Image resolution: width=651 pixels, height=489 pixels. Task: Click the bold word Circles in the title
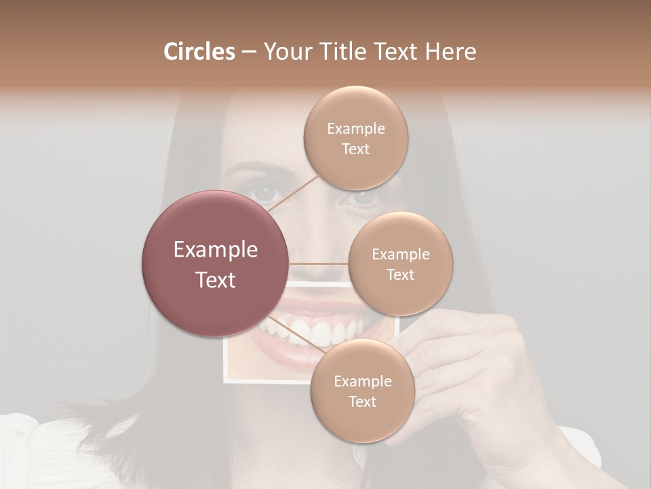click(199, 52)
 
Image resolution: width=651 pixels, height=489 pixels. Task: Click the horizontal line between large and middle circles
click(319, 263)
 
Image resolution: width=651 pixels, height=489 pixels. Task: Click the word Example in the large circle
click(215, 250)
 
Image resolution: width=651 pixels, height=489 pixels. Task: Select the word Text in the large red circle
click(215, 280)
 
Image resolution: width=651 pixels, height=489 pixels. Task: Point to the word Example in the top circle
click(355, 128)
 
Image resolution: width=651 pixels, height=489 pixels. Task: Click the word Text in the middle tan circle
click(400, 274)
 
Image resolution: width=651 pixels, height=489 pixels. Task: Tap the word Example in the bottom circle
click(362, 381)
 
